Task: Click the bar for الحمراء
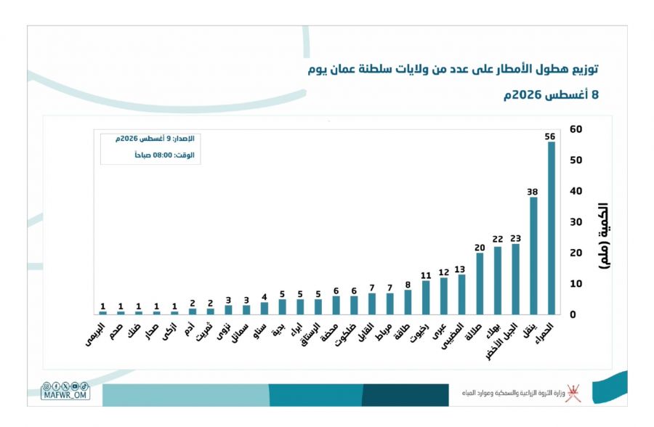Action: click(552, 228)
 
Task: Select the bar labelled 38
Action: click(533, 256)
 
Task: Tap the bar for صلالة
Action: click(480, 283)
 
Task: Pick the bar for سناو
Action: click(265, 308)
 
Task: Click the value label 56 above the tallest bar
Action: click(550, 137)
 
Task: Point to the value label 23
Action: click(515, 238)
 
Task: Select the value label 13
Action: click(460, 269)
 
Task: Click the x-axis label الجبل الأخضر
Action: click(501, 341)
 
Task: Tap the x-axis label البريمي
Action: click(94, 335)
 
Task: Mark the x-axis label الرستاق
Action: click(310, 335)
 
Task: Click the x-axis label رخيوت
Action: click(419, 333)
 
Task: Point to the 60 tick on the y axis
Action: click(576, 129)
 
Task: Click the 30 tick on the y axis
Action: click(576, 221)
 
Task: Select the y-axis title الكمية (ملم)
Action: click(604, 236)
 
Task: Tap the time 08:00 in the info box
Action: click(163, 155)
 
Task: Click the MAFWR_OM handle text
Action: click(65, 395)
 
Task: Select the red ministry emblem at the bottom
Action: click(573, 393)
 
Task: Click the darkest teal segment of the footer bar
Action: click(405, 395)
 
